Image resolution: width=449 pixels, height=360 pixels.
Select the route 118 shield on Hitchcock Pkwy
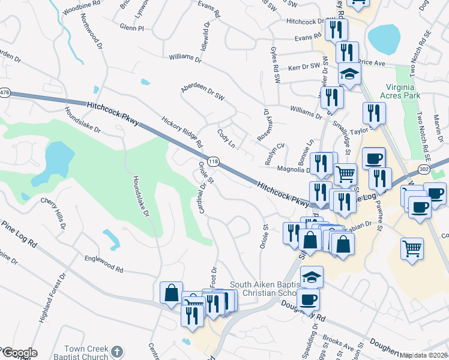[x=212, y=161]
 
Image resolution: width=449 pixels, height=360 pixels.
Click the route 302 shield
[x=441, y=169]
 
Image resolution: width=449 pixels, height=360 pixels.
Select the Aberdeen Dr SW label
[x=202, y=94]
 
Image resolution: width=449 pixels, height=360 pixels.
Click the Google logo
[x=19, y=353]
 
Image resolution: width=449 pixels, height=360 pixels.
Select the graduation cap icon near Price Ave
[x=349, y=73]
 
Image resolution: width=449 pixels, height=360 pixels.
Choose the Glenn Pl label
[x=132, y=28]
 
